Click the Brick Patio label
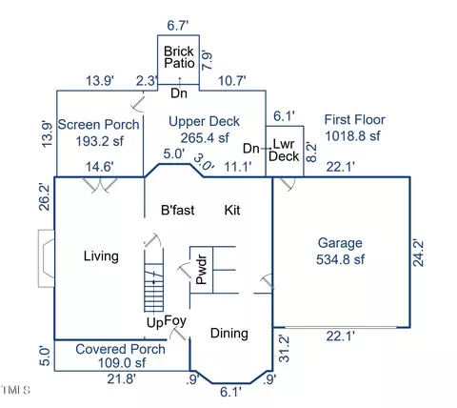(x=179, y=57)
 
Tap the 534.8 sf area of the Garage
(x=340, y=259)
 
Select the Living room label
(x=101, y=256)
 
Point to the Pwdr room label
(x=202, y=270)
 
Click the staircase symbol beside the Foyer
(x=154, y=279)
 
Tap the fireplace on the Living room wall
(x=47, y=258)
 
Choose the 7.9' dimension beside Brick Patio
(x=207, y=60)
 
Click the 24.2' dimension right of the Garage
(x=418, y=254)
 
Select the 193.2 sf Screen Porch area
(x=100, y=141)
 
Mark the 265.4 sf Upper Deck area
(x=205, y=138)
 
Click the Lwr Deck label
(x=284, y=150)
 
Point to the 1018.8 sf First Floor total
(x=352, y=136)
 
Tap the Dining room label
(x=229, y=334)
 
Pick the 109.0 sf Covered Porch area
(x=122, y=362)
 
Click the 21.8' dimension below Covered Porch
(x=122, y=378)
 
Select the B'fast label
(x=178, y=210)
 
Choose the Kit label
(x=232, y=210)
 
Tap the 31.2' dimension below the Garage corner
(x=285, y=348)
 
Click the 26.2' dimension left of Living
(x=45, y=196)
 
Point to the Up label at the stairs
(x=154, y=323)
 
